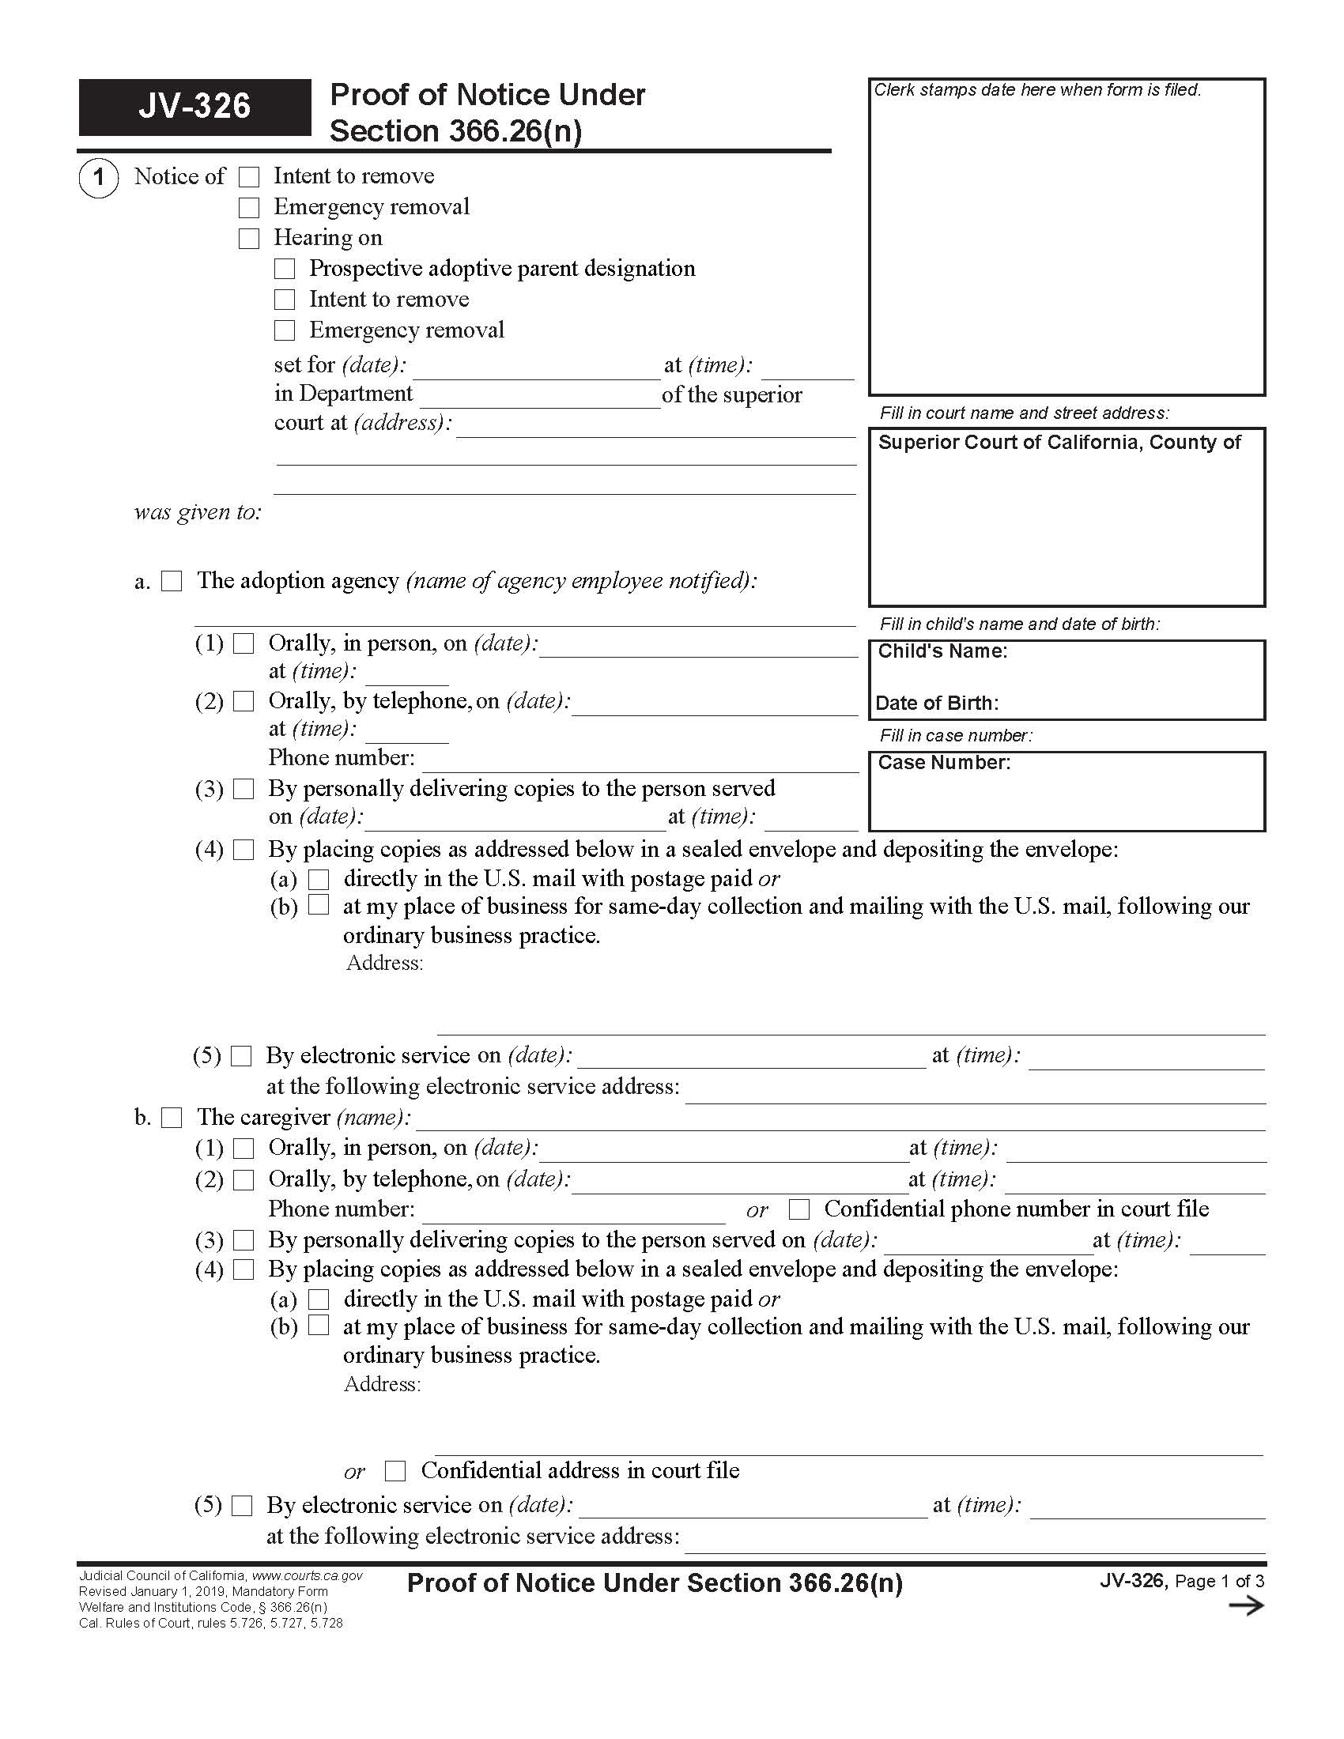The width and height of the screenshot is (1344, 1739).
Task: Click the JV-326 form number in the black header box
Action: [194, 106]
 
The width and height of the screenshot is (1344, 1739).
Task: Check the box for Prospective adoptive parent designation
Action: [285, 269]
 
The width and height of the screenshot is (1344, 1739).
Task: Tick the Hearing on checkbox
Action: [249, 238]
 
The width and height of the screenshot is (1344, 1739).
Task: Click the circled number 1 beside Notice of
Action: [99, 177]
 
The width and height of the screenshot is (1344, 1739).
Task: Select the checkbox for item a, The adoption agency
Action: [172, 581]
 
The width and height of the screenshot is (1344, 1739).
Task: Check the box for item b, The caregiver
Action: [172, 1118]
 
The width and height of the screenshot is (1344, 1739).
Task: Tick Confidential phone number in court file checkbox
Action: [798, 1209]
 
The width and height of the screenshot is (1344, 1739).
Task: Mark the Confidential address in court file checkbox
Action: [395, 1471]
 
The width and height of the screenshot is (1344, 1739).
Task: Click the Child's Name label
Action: [942, 651]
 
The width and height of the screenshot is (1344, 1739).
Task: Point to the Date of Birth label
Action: [936, 703]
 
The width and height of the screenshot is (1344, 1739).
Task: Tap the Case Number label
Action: [943, 763]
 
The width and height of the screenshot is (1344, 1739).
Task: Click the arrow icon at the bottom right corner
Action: [1246, 1605]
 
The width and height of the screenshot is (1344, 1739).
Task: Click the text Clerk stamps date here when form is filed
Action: [1036, 90]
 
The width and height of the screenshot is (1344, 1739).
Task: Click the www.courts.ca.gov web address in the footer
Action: [308, 1575]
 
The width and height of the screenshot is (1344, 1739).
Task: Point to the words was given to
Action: [198, 512]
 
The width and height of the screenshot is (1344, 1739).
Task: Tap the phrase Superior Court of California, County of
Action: [1059, 443]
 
